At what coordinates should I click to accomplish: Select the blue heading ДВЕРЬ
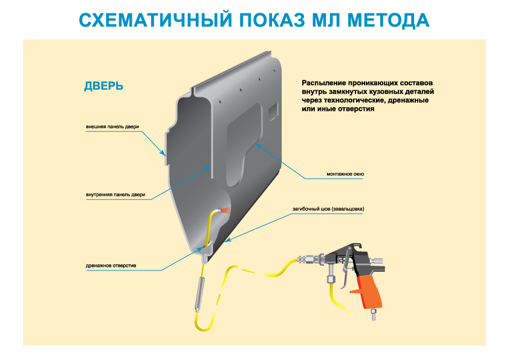click(x=103, y=86)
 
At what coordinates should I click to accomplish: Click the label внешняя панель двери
click(x=112, y=127)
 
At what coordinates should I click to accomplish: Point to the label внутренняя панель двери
click(x=115, y=195)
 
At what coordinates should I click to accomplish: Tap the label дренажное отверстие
click(x=111, y=266)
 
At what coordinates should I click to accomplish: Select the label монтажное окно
click(x=345, y=174)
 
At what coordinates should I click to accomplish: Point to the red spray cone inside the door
click(x=225, y=209)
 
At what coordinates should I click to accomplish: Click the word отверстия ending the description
click(x=357, y=110)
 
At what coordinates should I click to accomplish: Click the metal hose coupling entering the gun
click(x=315, y=261)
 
